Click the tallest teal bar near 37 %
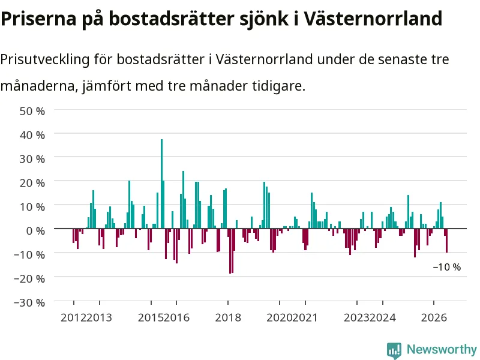(x=161, y=184)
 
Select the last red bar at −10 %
(x=446, y=241)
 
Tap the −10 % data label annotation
(x=446, y=267)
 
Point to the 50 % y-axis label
(x=32, y=111)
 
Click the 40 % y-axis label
(x=32, y=134)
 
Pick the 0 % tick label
(x=35, y=230)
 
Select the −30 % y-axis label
(x=29, y=302)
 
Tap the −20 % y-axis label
(x=29, y=278)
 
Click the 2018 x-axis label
(x=228, y=317)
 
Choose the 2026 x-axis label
(x=434, y=317)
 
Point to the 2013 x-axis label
(x=99, y=317)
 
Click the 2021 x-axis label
(x=305, y=317)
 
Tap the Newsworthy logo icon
(x=394, y=350)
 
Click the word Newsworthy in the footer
(x=442, y=349)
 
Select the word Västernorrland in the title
(x=373, y=19)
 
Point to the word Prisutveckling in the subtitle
(x=45, y=59)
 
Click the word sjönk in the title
(x=263, y=19)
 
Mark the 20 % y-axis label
(x=32, y=183)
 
